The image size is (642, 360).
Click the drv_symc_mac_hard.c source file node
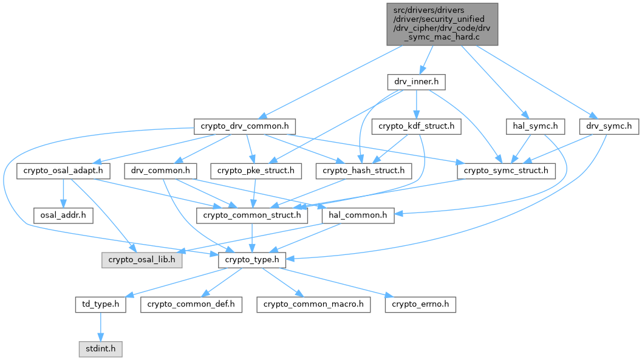(x=442, y=24)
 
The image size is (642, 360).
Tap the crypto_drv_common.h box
(x=245, y=126)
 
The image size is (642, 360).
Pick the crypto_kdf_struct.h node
(x=417, y=126)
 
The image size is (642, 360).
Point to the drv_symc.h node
(x=609, y=126)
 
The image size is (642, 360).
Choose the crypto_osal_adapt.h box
(x=63, y=171)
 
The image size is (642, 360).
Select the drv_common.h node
(x=157, y=171)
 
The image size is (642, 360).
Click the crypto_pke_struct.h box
(x=256, y=171)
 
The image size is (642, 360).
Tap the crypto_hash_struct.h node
(x=361, y=171)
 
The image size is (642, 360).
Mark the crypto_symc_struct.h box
(x=506, y=171)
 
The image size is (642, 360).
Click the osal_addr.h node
(x=63, y=215)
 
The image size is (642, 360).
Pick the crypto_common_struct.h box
(x=251, y=215)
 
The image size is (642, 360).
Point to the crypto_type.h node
(x=251, y=260)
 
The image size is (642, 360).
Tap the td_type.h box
(x=100, y=304)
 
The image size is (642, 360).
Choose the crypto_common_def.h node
(x=191, y=304)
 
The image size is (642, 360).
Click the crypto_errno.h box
(x=420, y=304)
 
